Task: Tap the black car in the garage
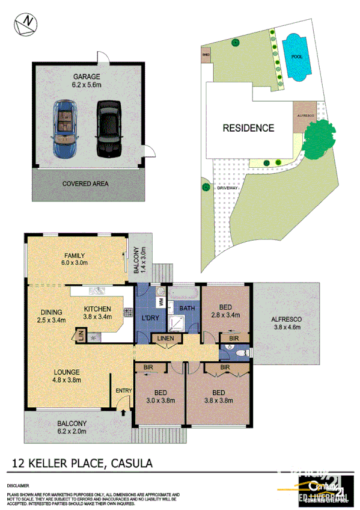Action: (x=109, y=127)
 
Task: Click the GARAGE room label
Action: (x=87, y=77)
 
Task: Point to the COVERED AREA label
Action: (x=87, y=183)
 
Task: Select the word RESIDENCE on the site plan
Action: (x=248, y=127)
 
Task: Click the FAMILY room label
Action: (x=75, y=256)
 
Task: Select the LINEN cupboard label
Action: (x=166, y=340)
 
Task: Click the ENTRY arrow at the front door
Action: (x=123, y=413)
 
